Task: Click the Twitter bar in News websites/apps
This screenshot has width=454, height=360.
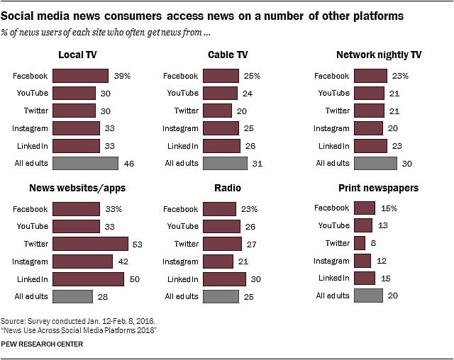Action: pyautogui.click(x=89, y=243)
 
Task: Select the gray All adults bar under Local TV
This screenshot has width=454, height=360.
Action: pyautogui.click(x=85, y=162)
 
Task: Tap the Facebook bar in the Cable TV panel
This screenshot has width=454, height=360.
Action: pyautogui.click(x=221, y=75)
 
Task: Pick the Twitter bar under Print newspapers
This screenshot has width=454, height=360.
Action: pyautogui.click(x=358, y=243)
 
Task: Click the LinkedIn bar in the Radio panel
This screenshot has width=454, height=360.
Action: pyautogui.click(x=224, y=278)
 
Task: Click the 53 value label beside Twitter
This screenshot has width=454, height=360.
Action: pyautogui.click(x=136, y=243)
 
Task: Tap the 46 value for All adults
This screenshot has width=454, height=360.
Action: pyautogui.click(x=129, y=162)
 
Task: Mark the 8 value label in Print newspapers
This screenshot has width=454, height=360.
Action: pyautogui.click(x=374, y=243)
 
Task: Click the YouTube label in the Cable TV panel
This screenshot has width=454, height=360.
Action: pyautogui.click(x=182, y=92)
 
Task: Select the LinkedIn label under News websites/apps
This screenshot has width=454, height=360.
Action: pyautogui.click(x=33, y=278)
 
